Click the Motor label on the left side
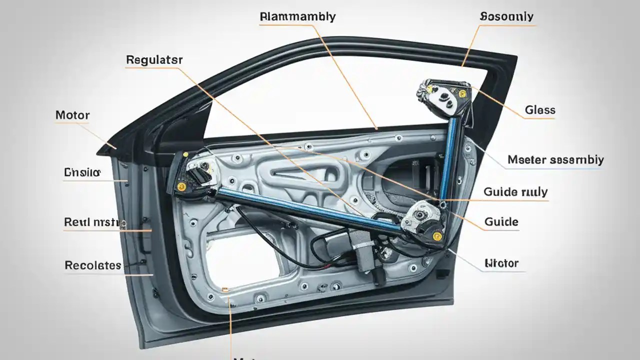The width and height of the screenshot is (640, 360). click(x=72, y=115)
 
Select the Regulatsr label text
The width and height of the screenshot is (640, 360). click(x=154, y=60)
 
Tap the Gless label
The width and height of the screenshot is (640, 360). click(x=540, y=110)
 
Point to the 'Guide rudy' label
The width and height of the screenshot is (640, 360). click(x=515, y=192)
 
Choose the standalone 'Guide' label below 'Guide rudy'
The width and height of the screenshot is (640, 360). click(x=501, y=222)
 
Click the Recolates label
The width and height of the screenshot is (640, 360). click(x=93, y=265)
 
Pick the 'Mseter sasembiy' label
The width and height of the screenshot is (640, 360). click(x=555, y=160)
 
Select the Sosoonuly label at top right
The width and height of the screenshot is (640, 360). click(x=506, y=16)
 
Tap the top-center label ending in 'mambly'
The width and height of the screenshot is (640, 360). click(x=297, y=16)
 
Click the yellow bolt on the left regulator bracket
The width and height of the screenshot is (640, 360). click(x=181, y=186)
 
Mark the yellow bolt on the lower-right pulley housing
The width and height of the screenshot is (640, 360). click(x=437, y=236)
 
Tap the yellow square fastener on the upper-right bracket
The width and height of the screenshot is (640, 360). click(x=461, y=93)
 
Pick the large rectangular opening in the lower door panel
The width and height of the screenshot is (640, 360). click(x=240, y=260)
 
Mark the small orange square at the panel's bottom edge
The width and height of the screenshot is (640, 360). click(x=225, y=289)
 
